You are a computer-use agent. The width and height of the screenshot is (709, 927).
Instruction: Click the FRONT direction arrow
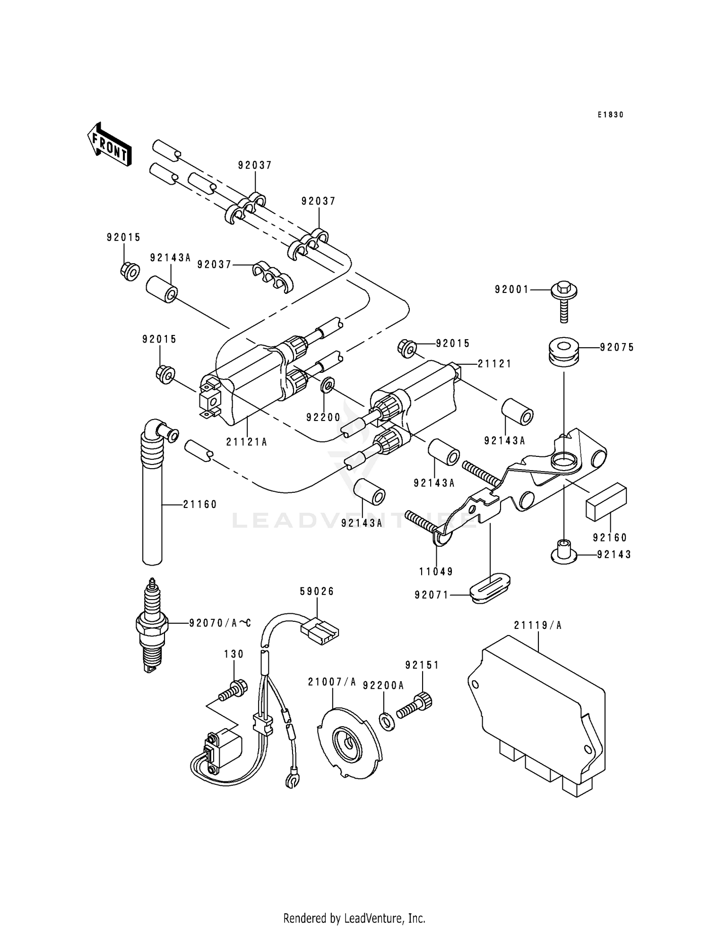click(x=109, y=144)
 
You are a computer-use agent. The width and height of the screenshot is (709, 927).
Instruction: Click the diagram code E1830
click(x=610, y=115)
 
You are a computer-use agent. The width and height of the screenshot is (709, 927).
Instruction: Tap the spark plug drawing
click(x=152, y=625)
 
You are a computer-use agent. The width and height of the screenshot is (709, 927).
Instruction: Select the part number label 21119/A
click(x=538, y=626)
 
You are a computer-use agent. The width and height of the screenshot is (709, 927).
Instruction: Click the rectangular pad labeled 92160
click(x=606, y=502)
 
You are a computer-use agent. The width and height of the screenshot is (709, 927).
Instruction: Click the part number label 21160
click(x=200, y=505)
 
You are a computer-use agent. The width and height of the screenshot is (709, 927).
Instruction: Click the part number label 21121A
click(x=246, y=442)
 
